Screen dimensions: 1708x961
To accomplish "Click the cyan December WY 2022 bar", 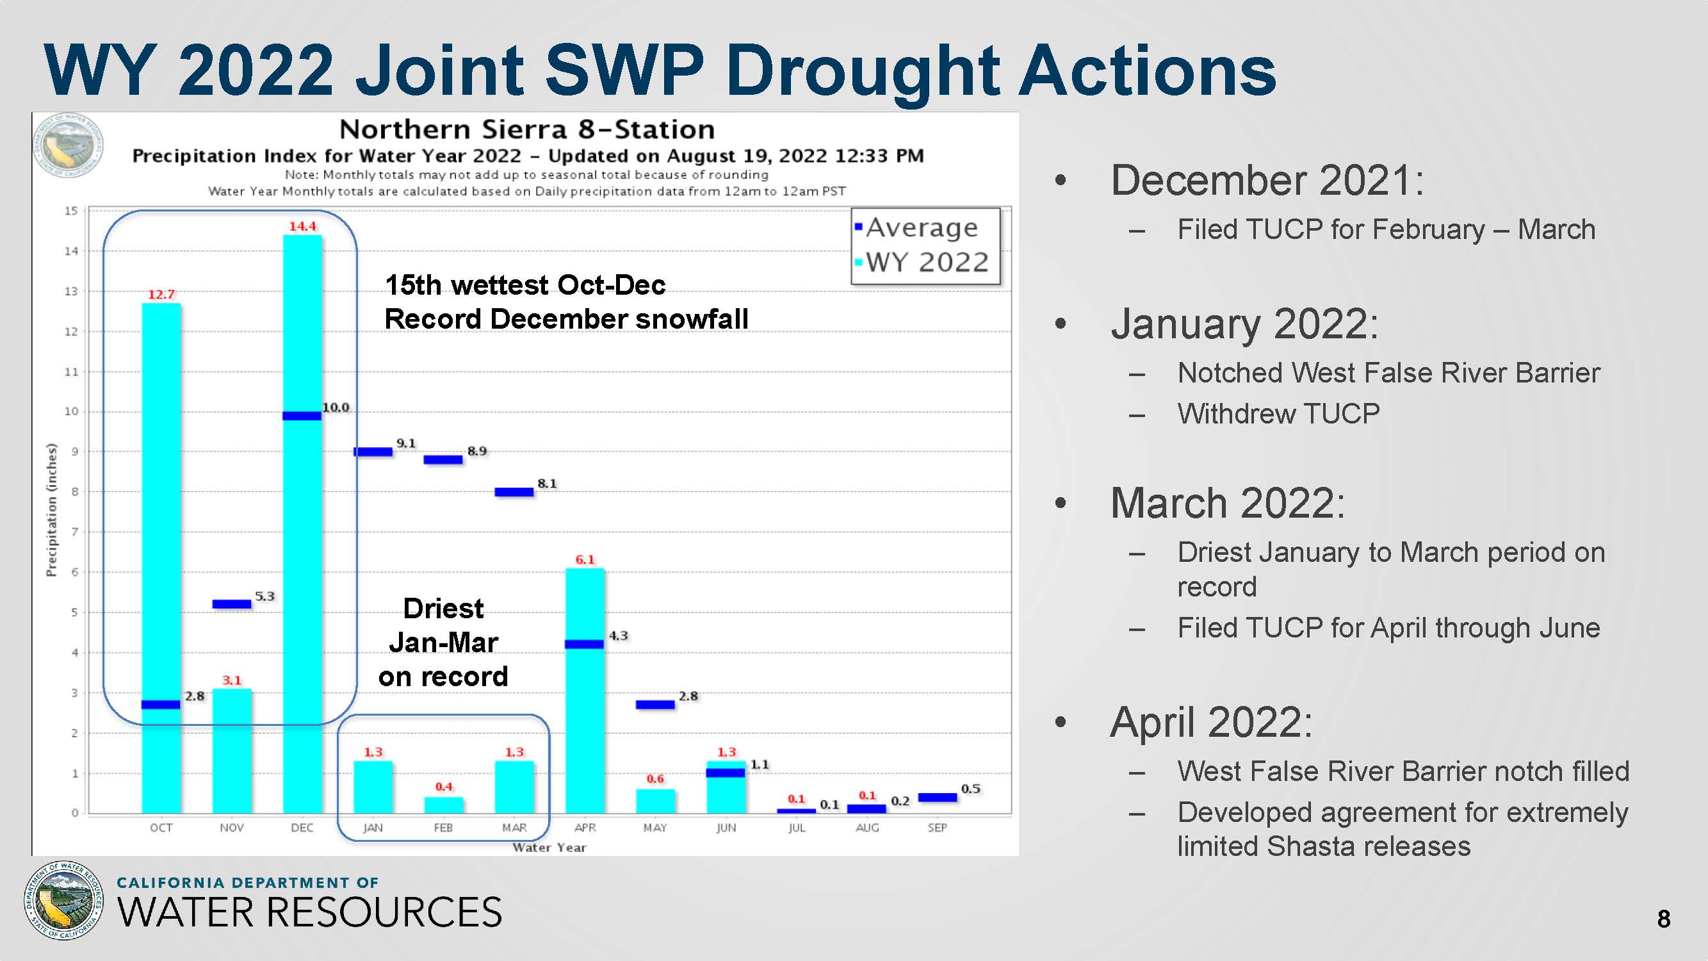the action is [302, 524].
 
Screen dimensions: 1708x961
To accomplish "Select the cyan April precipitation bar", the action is [585, 691].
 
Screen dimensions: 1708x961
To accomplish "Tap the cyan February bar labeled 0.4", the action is [444, 805].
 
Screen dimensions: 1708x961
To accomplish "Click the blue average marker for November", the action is [231, 604].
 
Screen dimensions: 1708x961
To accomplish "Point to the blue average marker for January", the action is [373, 452].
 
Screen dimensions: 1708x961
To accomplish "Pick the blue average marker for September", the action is [938, 797].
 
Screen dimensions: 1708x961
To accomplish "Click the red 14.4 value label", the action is [302, 226].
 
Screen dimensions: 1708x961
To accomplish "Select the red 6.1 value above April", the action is [585, 560].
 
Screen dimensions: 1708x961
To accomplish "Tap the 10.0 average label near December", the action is [336, 407].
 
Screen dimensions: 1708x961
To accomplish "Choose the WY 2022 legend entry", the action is [922, 262].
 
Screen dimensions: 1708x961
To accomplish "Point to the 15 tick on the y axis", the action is [71, 211].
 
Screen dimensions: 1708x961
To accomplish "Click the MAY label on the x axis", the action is [655, 828].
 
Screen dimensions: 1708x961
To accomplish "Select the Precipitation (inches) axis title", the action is [51, 509].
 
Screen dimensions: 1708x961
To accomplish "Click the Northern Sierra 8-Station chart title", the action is [527, 129].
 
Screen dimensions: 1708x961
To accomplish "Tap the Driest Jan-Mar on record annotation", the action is [444, 642].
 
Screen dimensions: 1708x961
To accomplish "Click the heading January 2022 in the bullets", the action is [1244, 324].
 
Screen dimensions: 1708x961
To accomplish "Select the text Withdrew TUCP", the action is [1279, 414].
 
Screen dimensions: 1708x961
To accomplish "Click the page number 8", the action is [1664, 919].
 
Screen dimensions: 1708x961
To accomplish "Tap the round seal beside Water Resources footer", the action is [63, 900].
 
